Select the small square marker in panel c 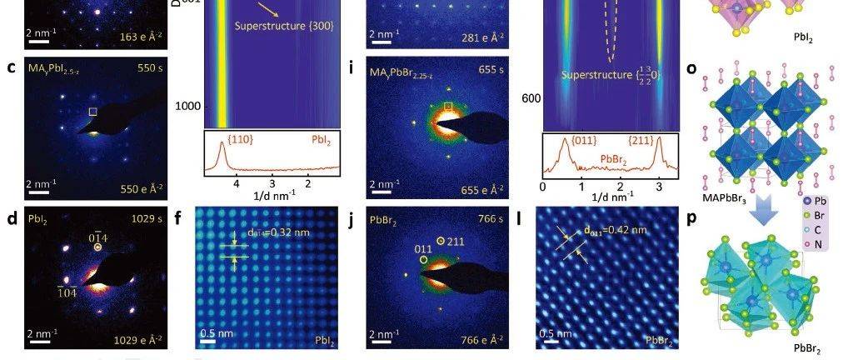coord(93,112)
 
